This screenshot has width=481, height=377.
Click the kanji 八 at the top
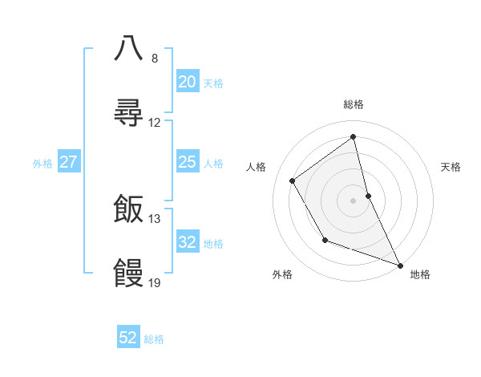[128, 47]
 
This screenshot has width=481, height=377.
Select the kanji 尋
[128, 112]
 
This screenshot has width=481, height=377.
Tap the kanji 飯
[128, 209]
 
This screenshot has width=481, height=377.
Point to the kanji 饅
[128, 273]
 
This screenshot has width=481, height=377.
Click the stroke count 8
[155, 59]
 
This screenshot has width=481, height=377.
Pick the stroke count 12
[155, 123]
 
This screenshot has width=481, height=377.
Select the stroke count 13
[155, 219]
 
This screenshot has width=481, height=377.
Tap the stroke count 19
[155, 283]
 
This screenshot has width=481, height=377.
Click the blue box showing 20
[187, 82]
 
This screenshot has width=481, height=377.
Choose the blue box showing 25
[187, 162]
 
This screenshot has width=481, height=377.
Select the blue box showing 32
[187, 242]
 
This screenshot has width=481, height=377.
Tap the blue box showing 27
[69, 162]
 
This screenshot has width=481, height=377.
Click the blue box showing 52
[128, 338]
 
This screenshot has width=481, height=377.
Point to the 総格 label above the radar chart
[354, 104]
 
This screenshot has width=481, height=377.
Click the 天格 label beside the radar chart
[451, 167]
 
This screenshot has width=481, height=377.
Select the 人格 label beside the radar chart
[257, 167]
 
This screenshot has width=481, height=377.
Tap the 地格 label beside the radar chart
[420, 274]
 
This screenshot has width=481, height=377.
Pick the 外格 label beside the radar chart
[282, 274]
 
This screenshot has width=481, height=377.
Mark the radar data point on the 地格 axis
[400, 265]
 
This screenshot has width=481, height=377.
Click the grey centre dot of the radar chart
[354, 200]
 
